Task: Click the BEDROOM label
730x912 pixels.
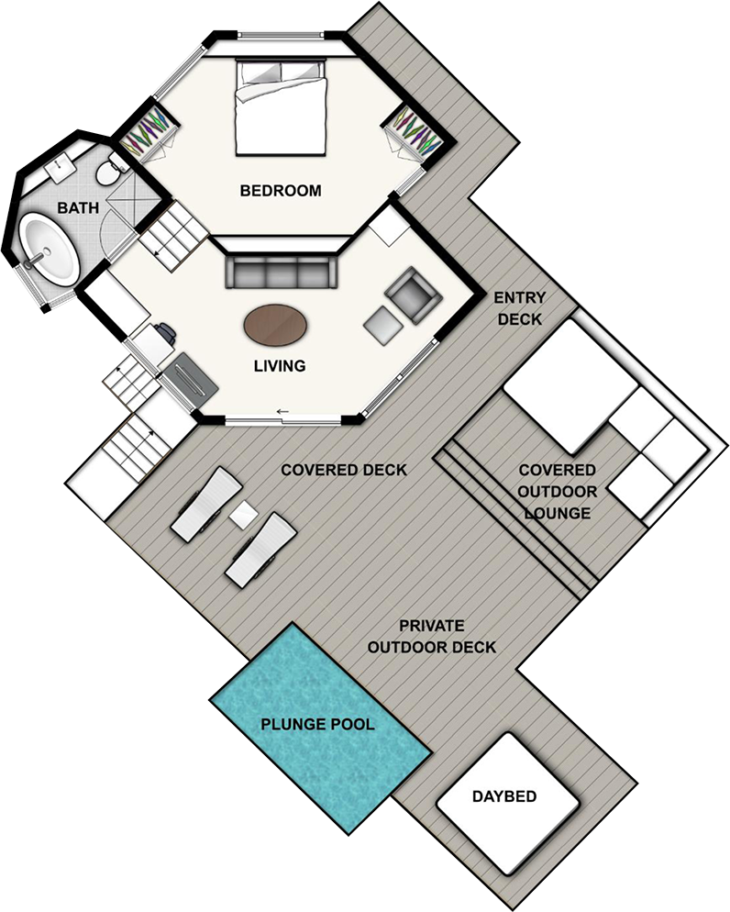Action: point(281,190)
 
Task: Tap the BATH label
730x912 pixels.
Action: point(78,207)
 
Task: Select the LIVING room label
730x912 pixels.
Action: point(280,366)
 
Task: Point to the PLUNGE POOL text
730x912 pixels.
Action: point(317,724)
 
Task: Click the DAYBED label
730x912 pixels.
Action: point(504,796)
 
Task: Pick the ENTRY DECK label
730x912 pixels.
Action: point(520,309)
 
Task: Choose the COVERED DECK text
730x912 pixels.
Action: point(344,470)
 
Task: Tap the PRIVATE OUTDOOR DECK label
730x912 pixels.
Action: point(432,637)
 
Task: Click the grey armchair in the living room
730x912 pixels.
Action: point(413,295)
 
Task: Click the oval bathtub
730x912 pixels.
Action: point(49,250)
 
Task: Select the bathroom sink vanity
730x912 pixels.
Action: point(58,167)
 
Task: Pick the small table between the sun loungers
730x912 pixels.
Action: point(244,515)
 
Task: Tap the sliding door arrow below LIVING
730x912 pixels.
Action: point(282,412)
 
